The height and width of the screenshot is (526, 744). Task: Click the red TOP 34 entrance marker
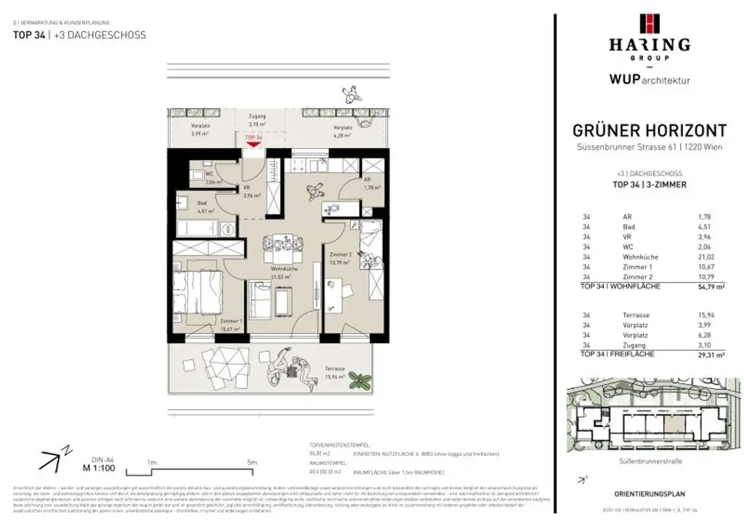point(253,139)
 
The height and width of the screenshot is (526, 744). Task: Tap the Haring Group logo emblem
point(649,24)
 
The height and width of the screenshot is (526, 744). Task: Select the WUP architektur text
point(649,79)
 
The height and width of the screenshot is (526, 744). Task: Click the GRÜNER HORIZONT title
point(649,131)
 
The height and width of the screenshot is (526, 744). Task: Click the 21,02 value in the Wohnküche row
point(702,256)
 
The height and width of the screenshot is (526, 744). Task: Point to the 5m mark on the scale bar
point(251,462)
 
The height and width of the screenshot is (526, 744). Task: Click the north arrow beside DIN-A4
point(53,458)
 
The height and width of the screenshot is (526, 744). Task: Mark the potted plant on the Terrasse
point(359,379)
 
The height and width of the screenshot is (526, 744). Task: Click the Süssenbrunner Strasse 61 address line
point(649,150)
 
